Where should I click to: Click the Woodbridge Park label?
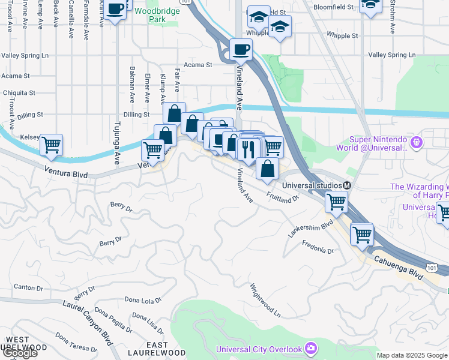150,15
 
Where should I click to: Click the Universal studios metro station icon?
347,185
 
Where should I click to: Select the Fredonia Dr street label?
318,247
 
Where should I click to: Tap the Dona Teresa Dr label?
76,343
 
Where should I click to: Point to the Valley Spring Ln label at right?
391,55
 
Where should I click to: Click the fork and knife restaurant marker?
248,148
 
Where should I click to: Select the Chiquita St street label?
20,93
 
